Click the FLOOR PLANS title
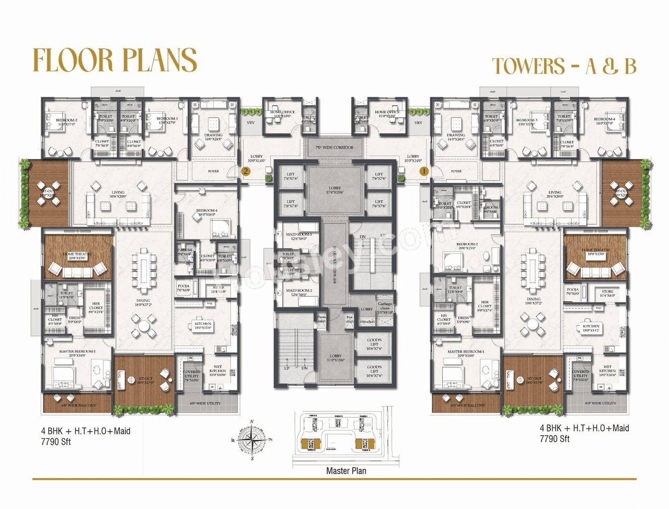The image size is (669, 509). pos(114,60)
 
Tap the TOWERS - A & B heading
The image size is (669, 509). pos(564,67)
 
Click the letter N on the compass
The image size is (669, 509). pos(252,422)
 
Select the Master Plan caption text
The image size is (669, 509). pos(346,471)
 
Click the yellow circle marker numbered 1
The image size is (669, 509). pos(423,171)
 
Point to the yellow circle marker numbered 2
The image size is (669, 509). pos(245,171)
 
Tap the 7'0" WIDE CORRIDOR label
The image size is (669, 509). pos(334,148)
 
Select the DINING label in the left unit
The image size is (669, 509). pos(143,302)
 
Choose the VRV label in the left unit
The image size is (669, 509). pos(251,123)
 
